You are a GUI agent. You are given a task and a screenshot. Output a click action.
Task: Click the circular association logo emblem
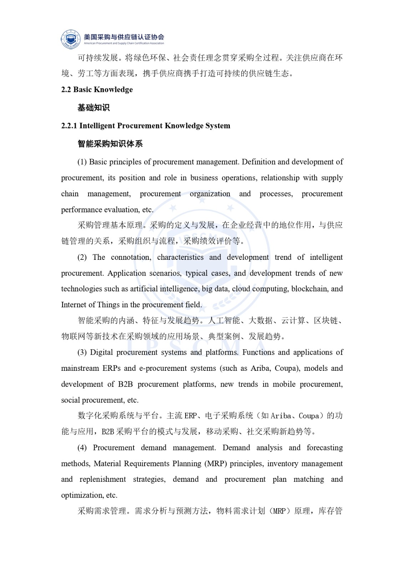coord(71,39)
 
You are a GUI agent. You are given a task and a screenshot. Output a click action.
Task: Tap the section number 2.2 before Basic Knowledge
coord(66,90)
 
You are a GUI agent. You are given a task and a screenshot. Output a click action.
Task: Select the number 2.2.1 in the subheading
coord(69,126)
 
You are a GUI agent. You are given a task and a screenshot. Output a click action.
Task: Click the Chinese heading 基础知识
coord(94,108)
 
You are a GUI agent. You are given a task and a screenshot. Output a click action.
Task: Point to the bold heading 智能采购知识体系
coord(110,144)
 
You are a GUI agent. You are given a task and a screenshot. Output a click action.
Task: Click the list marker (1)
coord(82,162)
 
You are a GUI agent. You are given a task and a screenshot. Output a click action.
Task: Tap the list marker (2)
coord(82,257)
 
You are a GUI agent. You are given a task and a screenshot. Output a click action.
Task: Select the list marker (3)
coord(82,353)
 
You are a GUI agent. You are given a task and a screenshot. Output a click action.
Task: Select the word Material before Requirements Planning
coord(107,464)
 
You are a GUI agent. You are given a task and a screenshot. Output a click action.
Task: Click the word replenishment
coord(103,479)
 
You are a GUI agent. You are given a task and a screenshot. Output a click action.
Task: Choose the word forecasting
coord(324,448)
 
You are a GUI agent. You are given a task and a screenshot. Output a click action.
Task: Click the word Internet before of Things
coord(74,305)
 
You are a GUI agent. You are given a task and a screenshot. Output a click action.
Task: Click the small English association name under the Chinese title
coord(124,44)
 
